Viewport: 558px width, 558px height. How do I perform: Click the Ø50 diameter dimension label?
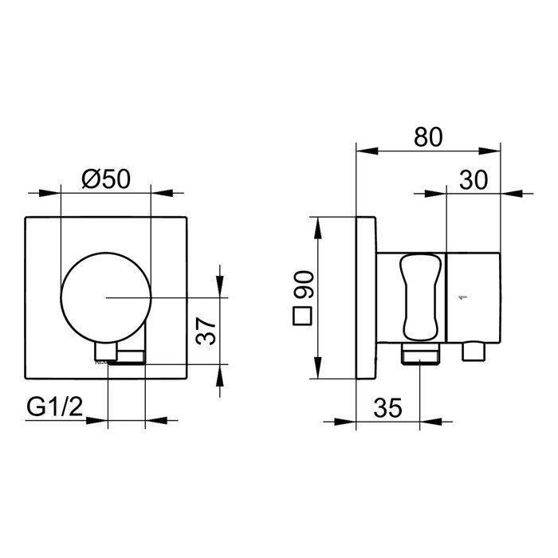pyautogui.click(x=106, y=179)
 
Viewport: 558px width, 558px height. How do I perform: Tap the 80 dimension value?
pyautogui.click(x=428, y=136)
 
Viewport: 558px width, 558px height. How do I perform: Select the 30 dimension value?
pyautogui.click(x=474, y=179)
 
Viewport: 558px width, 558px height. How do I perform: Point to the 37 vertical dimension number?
pyautogui.click(x=206, y=331)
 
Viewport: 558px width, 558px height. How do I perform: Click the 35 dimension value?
pyautogui.click(x=388, y=408)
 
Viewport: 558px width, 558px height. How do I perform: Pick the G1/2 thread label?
pyautogui.click(x=55, y=407)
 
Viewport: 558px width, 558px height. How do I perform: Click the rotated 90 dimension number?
pyautogui.click(x=303, y=285)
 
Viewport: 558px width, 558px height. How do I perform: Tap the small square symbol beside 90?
pyautogui.click(x=302, y=316)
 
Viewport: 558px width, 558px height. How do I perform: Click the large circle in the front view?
pyautogui.click(x=106, y=297)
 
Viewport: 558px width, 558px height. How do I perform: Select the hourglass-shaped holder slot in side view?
pyautogui.click(x=420, y=297)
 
